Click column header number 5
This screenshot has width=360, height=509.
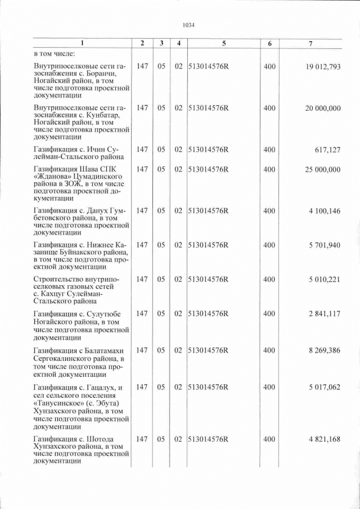coord(223,43)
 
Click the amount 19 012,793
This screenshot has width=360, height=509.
coord(323,67)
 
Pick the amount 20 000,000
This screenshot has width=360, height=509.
coord(323,107)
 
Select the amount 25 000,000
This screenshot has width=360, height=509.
coord(323,169)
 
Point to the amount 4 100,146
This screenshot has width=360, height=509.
coord(325,210)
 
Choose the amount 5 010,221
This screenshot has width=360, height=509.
coord(325,280)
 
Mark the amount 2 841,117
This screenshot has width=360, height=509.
coord(325,314)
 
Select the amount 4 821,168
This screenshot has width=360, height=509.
coord(325,439)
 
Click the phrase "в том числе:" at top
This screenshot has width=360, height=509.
coord(52,55)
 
